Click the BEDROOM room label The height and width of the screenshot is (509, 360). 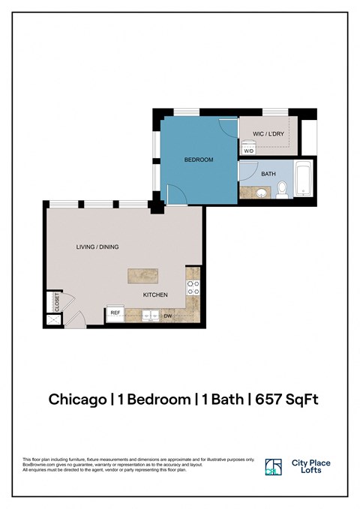click(x=199, y=160)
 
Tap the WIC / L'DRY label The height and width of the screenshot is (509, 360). click(x=267, y=133)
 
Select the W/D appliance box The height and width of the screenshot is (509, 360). click(x=248, y=149)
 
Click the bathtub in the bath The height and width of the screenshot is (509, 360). click(x=304, y=180)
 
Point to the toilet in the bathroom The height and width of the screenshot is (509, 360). click(x=282, y=190)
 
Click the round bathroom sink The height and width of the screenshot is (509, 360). click(x=262, y=193)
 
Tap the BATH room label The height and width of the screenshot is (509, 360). click(x=268, y=174)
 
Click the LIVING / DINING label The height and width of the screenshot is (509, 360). click(x=97, y=247)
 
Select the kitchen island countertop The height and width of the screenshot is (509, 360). click(x=142, y=276)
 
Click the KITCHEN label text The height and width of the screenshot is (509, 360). click(x=155, y=295)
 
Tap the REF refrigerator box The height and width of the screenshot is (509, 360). click(x=115, y=313)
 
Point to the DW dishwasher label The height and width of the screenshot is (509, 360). click(x=168, y=316)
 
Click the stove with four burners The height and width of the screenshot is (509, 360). click(x=192, y=288)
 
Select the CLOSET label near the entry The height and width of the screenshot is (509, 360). click(x=56, y=301)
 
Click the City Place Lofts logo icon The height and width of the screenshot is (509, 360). click(x=274, y=467)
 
